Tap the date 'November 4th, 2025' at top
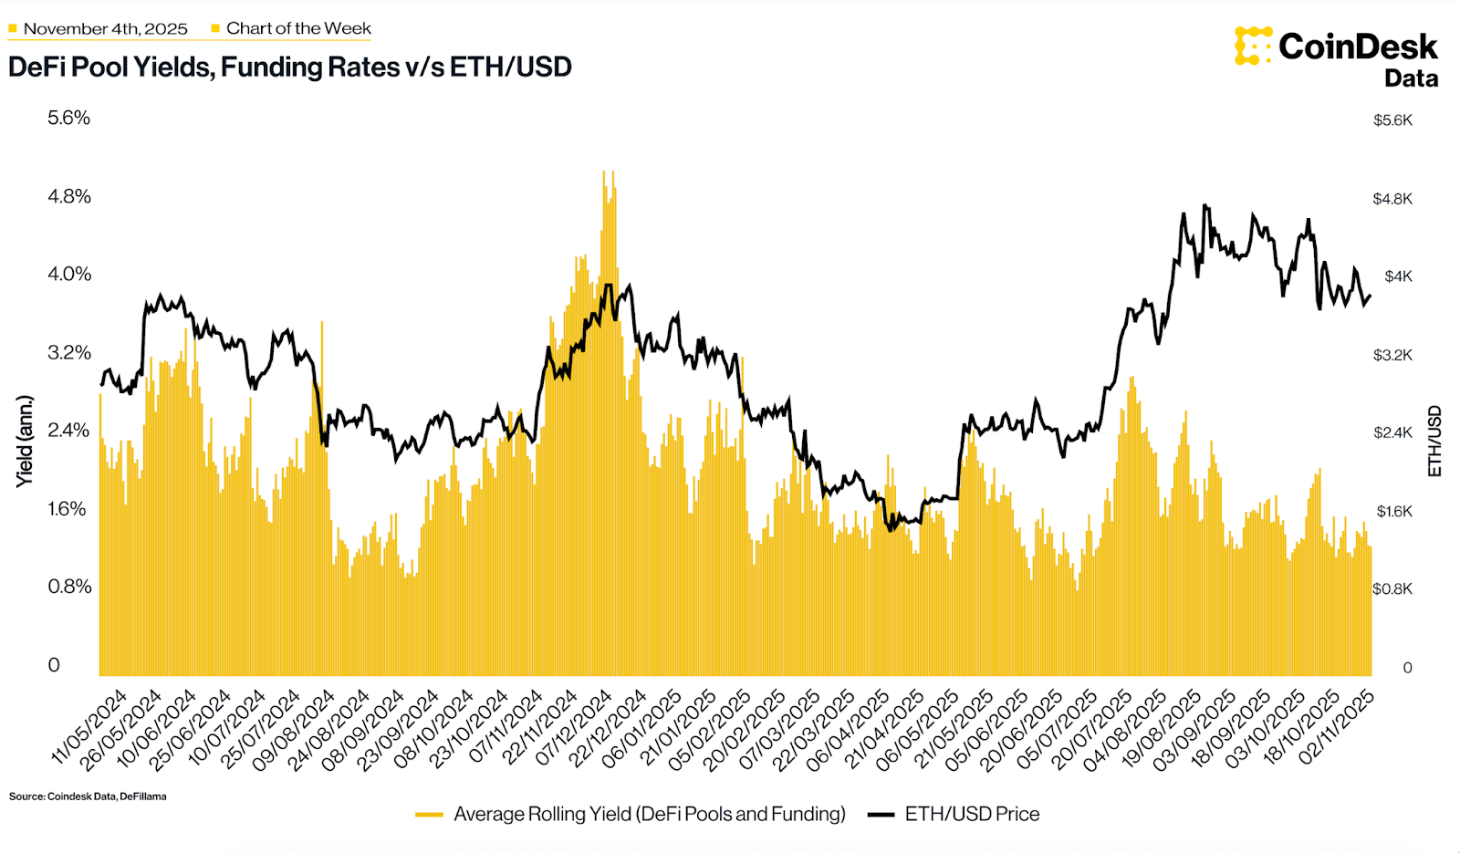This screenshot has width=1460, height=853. coord(105,29)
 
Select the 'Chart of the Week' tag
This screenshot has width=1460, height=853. coord(298,29)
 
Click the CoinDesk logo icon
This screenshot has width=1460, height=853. coord(1253,46)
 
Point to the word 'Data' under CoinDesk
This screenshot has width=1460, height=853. coord(1411,79)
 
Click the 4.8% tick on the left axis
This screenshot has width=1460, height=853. coord(69,196)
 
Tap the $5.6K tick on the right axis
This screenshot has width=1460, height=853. coord(1392,120)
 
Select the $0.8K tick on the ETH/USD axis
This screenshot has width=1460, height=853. coord(1392,589)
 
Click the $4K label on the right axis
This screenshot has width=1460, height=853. coord(1398,276)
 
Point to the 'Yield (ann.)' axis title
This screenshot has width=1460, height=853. coord(25,442)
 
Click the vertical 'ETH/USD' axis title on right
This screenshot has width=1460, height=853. coord(1434,442)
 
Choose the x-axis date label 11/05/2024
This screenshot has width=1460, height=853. coord(91,727)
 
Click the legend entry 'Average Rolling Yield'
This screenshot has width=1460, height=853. coord(649,814)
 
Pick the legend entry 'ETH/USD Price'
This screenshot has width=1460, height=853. coord(971,814)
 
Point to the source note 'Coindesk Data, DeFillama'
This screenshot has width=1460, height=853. coord(89,796)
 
